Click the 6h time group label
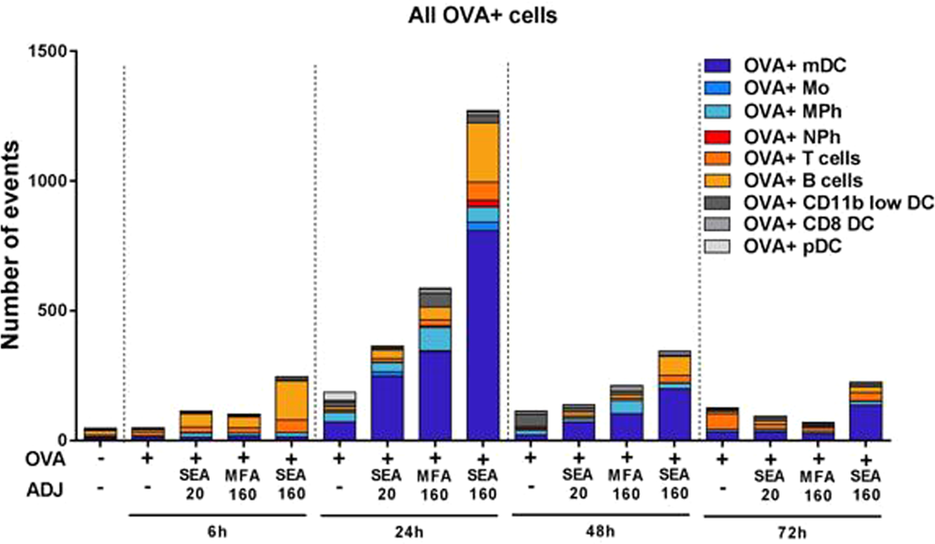(x=220, y=530)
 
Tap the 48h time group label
(x=601, y=530)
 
